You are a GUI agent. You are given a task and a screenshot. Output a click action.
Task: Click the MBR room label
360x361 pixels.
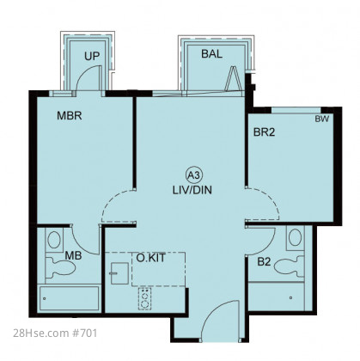(70, 116)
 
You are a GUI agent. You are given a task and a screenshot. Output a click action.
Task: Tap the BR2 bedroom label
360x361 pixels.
(264, 132)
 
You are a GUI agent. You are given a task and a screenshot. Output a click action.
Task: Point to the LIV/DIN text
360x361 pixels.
(192, 190)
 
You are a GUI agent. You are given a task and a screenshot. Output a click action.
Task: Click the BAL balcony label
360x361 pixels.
(211, 54)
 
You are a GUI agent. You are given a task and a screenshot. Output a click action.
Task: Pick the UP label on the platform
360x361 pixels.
(92, 56)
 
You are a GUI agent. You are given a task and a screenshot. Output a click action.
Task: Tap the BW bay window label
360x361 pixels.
(322, 119)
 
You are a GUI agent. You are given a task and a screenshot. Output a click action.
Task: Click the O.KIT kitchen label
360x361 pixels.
(150, 258)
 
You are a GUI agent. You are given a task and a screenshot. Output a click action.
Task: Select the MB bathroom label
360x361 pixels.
(73, 255)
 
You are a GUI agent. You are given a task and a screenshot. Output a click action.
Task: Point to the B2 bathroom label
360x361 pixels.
(264, 261)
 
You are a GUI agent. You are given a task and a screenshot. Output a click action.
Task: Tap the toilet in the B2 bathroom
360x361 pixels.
(290, 266)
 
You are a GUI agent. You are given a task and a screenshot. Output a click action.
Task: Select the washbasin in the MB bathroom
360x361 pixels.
(54, 240)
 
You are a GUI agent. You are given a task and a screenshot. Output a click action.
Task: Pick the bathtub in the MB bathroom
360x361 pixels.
(69, 298)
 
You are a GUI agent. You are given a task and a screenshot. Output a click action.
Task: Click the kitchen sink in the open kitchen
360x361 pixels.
(119, 273)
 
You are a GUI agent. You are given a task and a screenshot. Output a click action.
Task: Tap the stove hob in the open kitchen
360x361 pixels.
(144, 299)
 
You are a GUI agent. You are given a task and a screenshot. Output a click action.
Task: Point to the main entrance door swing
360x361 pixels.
(221, 321)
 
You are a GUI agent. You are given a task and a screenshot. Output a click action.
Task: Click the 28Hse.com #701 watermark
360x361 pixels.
(55, 333)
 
